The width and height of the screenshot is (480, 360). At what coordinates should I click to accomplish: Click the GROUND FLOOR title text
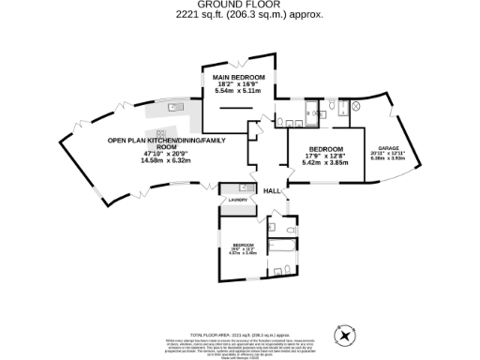pos(239,5)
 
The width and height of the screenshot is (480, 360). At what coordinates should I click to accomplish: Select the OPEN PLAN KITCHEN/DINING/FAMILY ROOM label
pos(142,144)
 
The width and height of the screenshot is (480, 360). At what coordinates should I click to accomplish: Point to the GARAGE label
pos(389,149)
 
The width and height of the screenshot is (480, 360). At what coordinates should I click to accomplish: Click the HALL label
pos(271,190)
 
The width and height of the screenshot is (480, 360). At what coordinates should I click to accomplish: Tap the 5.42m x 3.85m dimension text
pos(326,162)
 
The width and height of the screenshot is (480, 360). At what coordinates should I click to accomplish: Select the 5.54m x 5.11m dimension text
pos(239,90)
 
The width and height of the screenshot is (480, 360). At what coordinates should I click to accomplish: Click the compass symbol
pos(348,333)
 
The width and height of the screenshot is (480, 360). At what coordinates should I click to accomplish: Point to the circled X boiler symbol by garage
pos(355,109)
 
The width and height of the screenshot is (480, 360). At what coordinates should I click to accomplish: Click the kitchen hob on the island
pos(160,133)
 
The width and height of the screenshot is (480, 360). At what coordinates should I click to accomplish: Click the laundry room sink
pos(242,187)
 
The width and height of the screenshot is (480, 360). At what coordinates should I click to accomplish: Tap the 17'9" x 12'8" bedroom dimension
pos(326,156)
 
